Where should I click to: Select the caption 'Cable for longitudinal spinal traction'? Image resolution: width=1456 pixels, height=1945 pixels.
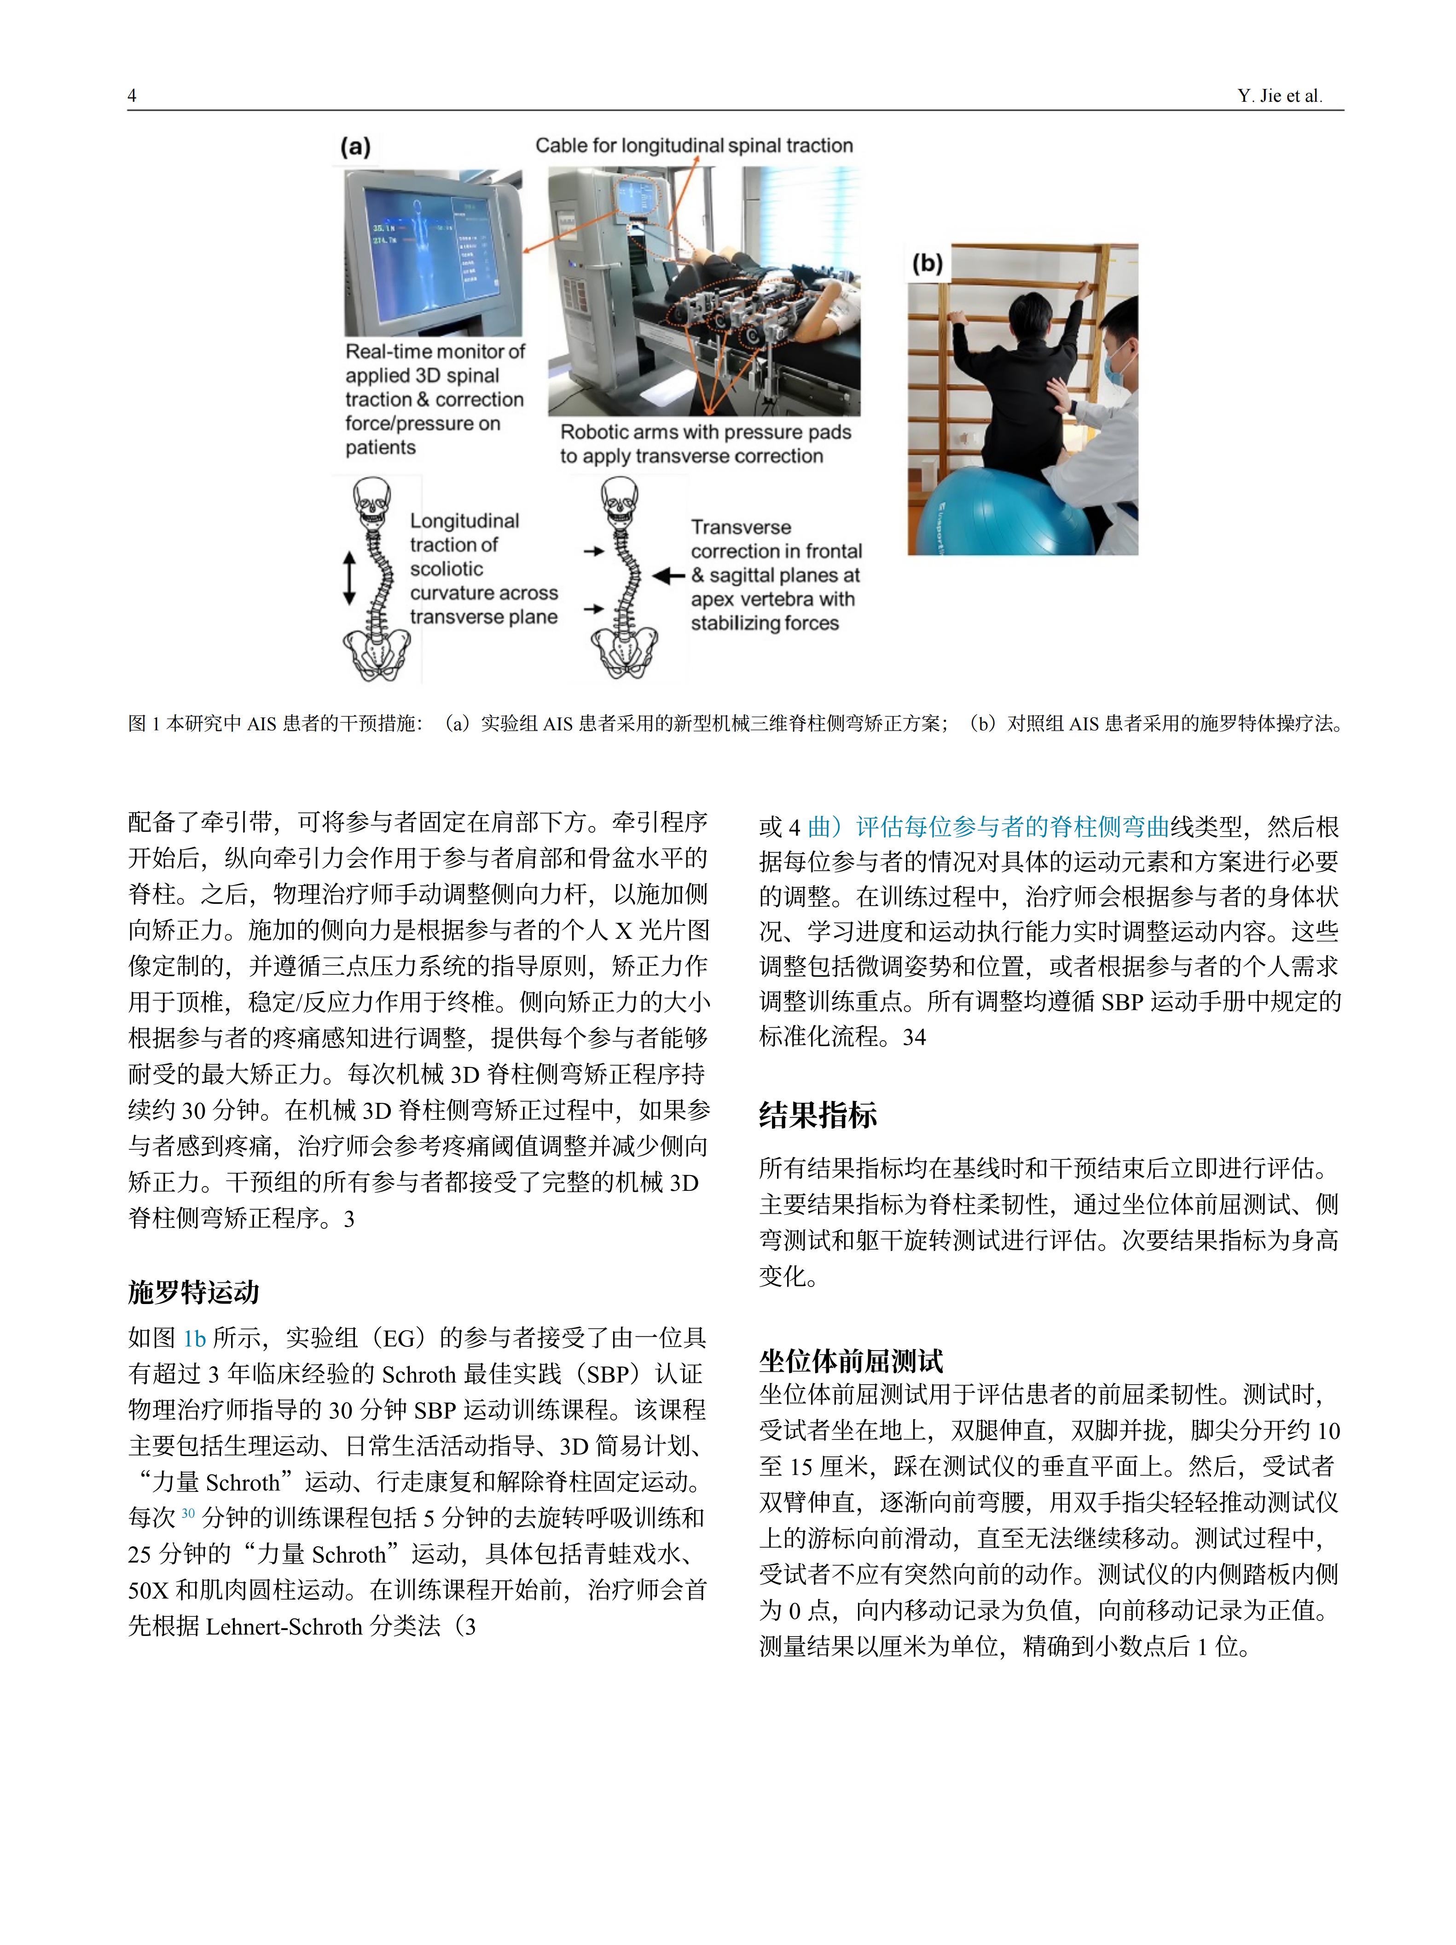(x=694, y=145)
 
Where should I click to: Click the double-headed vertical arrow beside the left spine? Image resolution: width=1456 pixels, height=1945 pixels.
(x=349, y=578)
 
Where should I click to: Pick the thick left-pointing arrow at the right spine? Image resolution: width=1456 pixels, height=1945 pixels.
(x=669, y=576)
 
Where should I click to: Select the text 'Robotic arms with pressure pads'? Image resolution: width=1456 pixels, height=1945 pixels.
(x=705, y=432)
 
